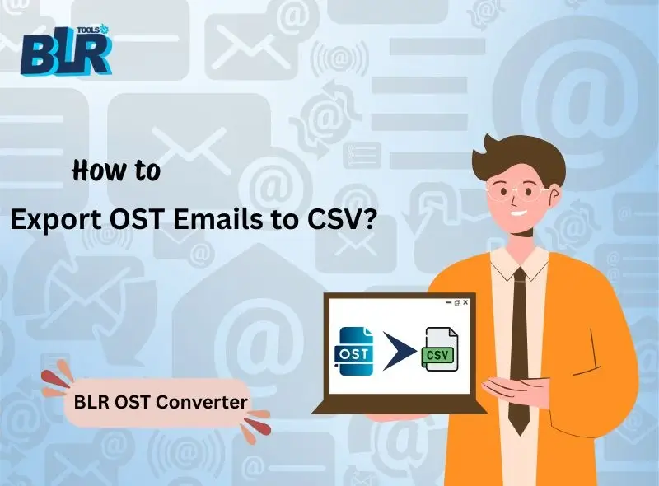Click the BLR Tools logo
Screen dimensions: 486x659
65,50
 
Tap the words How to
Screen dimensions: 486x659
116,171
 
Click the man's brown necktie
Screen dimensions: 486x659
519,346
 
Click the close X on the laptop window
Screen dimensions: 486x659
466,303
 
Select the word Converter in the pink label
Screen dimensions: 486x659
205,403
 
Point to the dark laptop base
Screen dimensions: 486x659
395,407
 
